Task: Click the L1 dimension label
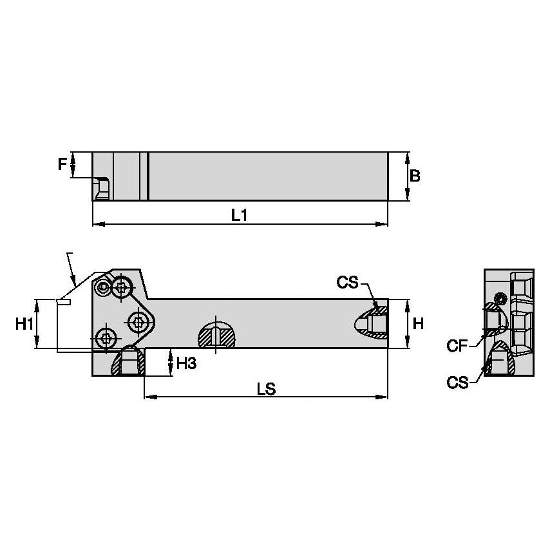240,216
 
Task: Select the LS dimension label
266,388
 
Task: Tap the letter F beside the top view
62,164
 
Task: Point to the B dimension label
415,176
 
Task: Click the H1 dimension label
24,324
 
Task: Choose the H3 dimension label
185,363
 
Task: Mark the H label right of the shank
418,323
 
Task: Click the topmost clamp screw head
122,287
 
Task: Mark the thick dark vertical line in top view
147,176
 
